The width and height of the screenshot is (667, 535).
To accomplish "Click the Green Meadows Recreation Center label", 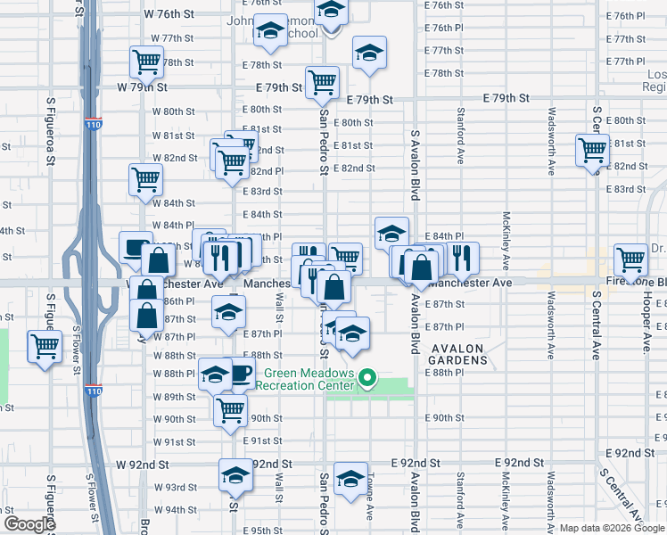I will [305, 380].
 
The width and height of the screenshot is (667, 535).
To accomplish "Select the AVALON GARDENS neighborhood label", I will [459, 354].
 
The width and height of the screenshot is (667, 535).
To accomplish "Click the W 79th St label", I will [144, 87].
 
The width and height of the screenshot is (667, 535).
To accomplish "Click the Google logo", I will [29, 523].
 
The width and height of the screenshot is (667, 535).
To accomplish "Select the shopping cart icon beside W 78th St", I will [145, 62].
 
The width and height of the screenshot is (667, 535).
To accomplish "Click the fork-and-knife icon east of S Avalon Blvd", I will [462, 258].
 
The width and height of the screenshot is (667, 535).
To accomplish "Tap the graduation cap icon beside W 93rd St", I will [235, 474].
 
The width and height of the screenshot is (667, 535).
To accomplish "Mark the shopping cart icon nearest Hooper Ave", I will [630, 259].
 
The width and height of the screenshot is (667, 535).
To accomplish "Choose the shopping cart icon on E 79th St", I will [322, 82].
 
